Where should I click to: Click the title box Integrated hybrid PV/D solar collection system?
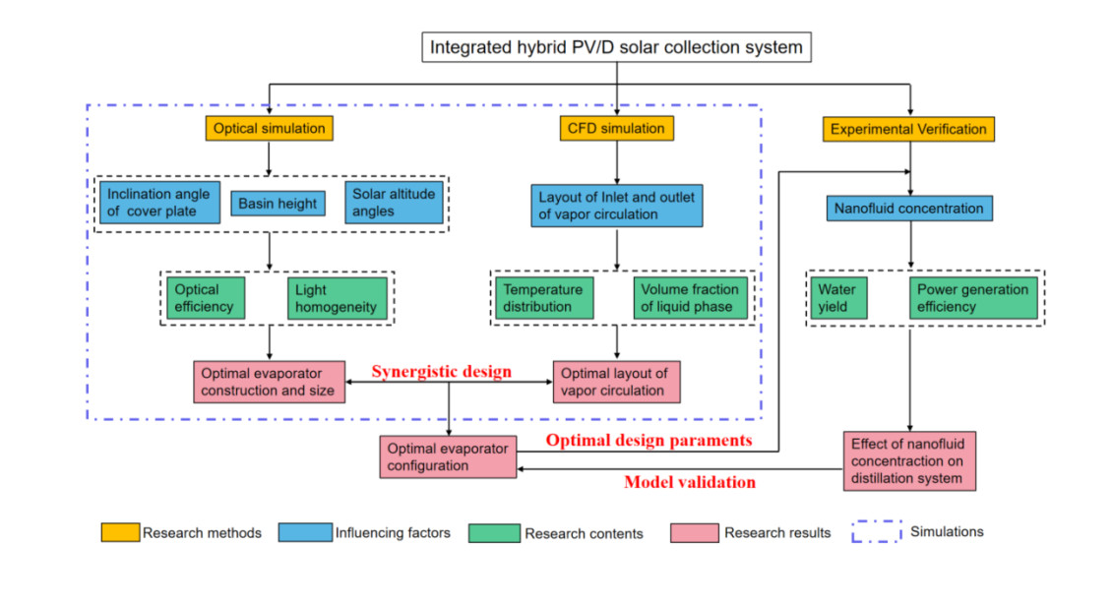pos(616,46)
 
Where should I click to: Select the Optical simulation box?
pos(269,128)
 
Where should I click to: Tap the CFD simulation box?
pos(616,128)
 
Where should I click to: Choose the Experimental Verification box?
pos(908,129)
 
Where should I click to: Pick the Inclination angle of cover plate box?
pos(158,203)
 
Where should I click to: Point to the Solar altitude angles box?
pos(394,203)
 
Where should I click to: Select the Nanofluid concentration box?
pos(908,209)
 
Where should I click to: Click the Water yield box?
pos(837,298)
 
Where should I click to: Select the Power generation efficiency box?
pos(972,298)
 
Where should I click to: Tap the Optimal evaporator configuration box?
pos(448,456)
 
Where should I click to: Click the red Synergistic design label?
pos(441,372)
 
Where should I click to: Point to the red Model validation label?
pos(690,482)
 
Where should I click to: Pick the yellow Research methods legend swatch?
pos(120,532)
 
